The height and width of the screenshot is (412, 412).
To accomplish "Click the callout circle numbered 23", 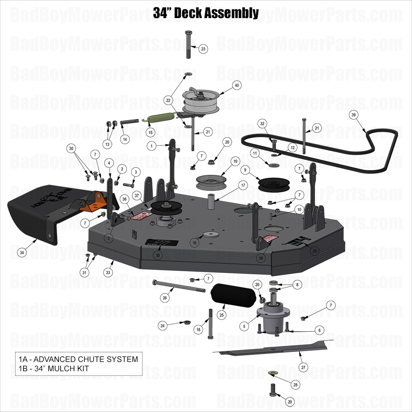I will [x=203, y=49].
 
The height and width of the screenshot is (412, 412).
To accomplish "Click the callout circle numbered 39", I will [x=354, y=115].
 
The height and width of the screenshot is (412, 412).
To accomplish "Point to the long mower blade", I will [x=273, y=348].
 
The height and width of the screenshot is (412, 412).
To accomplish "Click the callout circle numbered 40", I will [x=237, y=85].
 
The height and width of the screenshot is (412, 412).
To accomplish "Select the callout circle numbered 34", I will [x=22, y=252].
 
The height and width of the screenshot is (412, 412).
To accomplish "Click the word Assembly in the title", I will [x=231, y=13].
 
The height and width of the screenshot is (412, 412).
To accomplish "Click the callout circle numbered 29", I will [x=289, y=402].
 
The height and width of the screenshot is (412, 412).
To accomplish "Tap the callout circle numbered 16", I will [x=194, y=243].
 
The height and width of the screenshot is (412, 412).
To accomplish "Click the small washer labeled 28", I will [x=272, y=373].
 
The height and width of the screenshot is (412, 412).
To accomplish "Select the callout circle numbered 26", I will [x=165, y=298].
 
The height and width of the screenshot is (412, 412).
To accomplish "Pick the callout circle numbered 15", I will [x=150, y=132].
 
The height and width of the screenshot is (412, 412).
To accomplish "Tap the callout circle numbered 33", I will [x=108, y=273].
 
